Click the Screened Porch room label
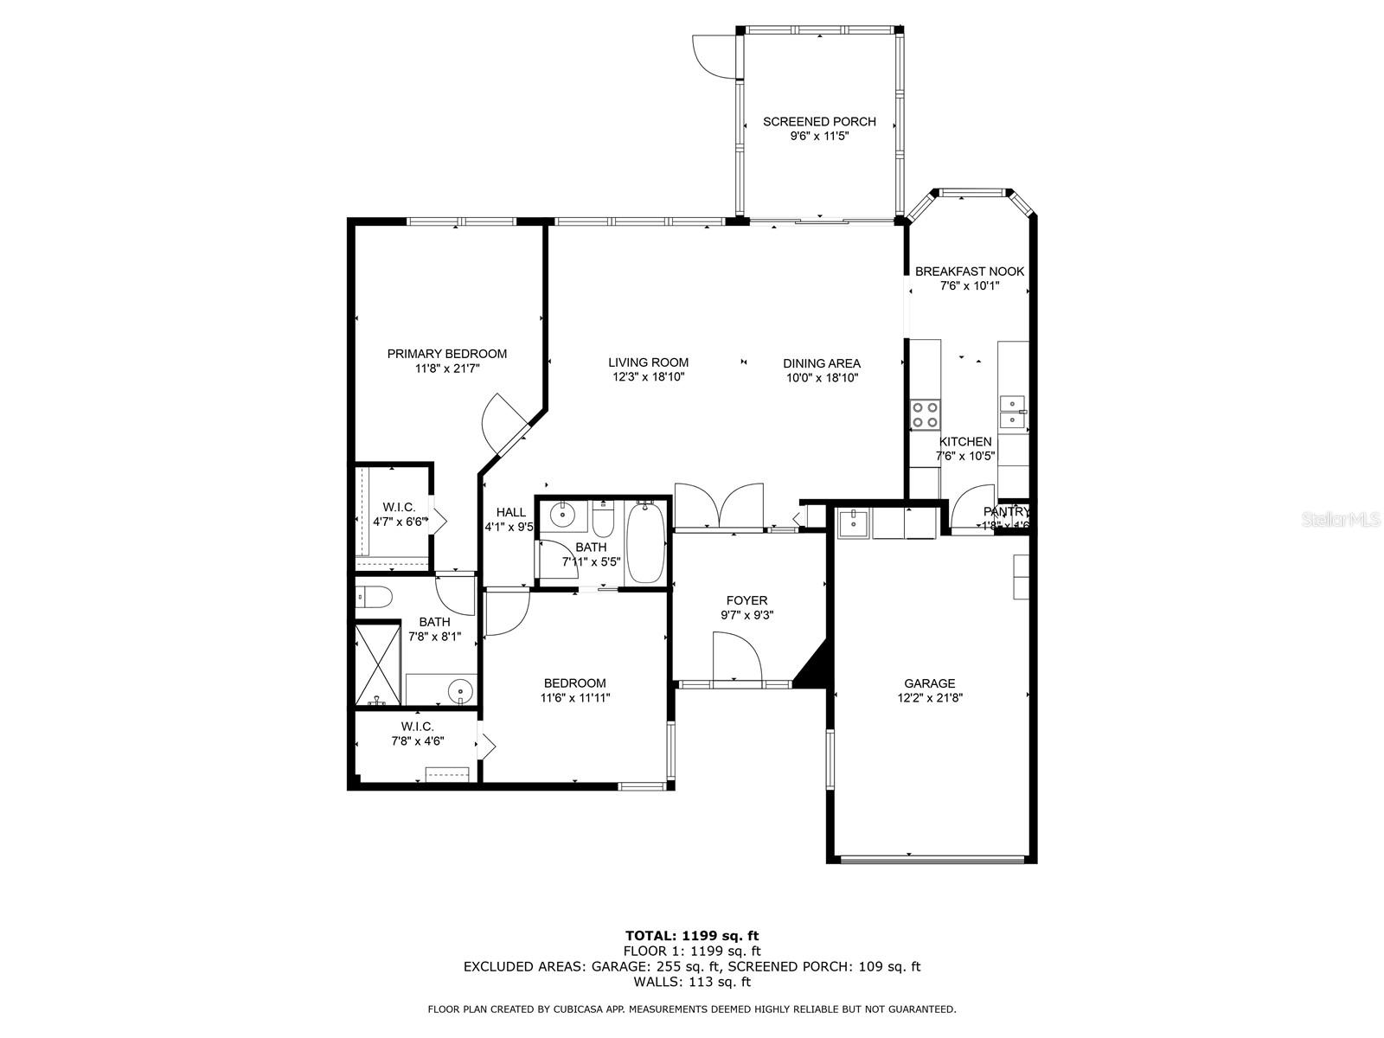819,122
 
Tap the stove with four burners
925,414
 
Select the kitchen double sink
1011,412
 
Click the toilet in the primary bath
374,597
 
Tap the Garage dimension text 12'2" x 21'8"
930,698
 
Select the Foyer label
746,600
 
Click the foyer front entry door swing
735,657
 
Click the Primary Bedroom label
446,354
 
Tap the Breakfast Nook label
970,272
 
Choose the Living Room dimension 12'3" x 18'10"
648,377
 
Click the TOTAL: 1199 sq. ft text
692,935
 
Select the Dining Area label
821,363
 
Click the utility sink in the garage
853,522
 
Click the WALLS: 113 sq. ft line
692,982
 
